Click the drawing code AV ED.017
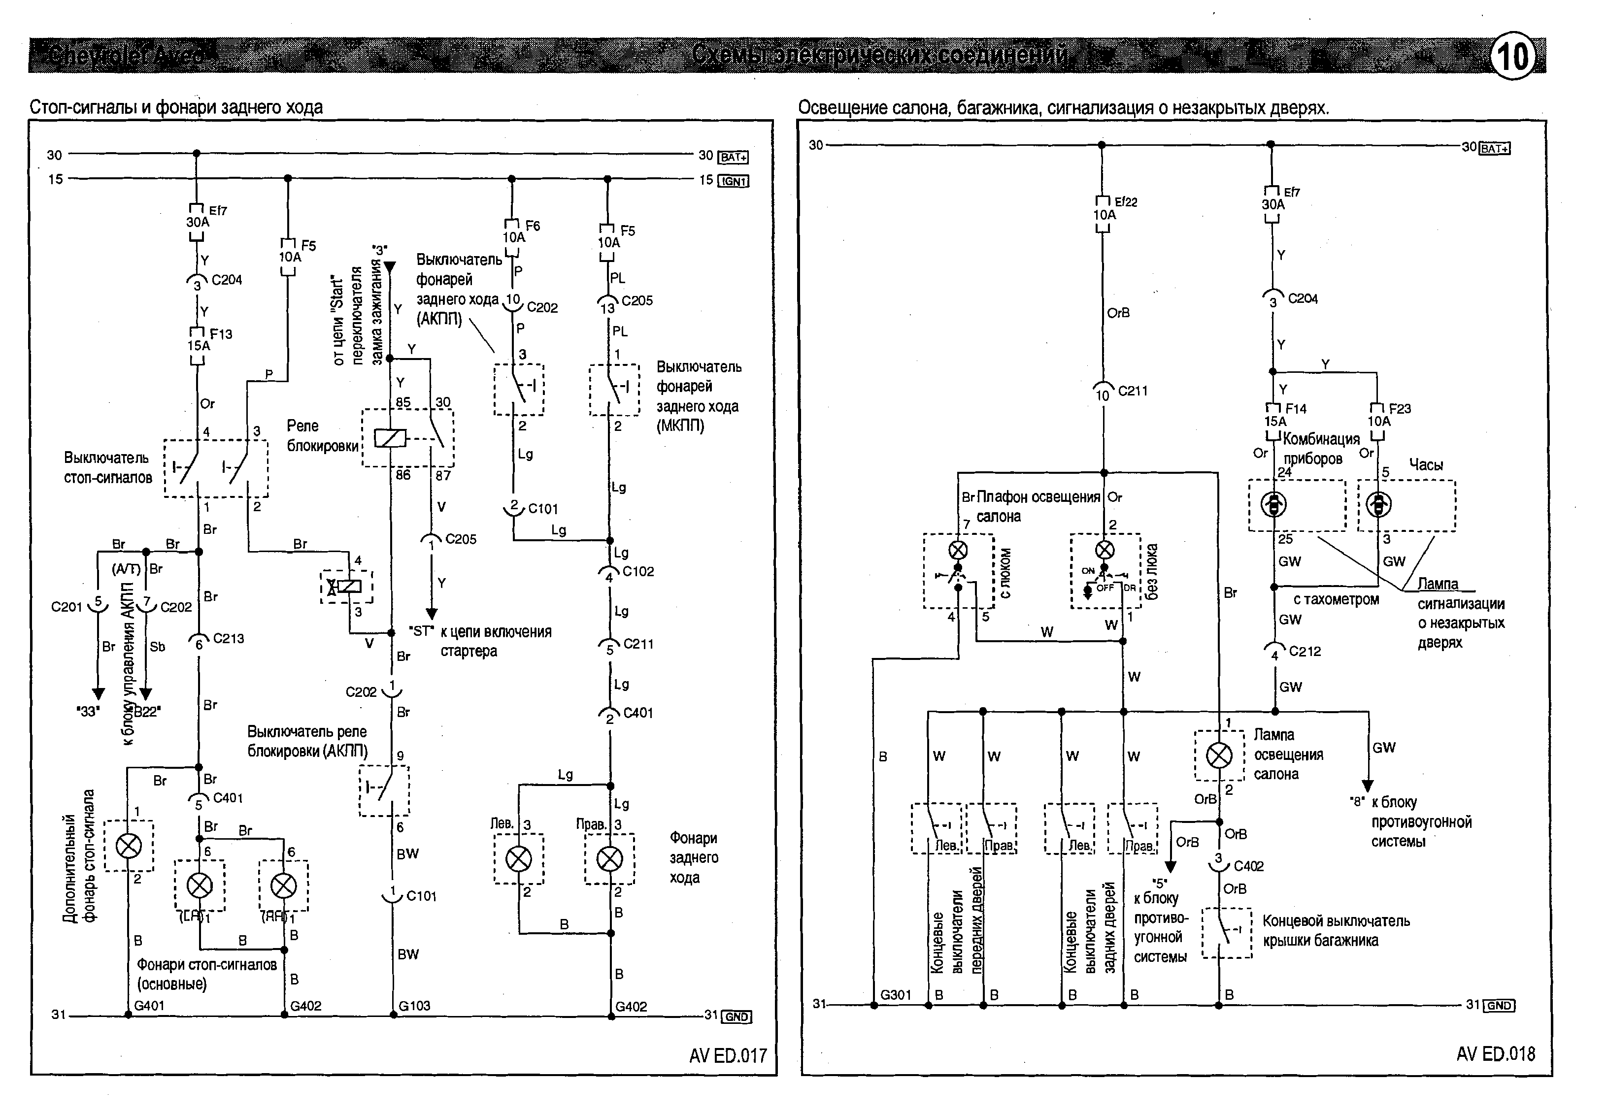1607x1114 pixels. pyautogui.click(x=728, y=1055)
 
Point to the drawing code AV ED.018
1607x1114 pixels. pyautogui.click(x=1495, y=1054)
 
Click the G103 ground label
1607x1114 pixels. pyautogui.click(x=414, y=1006)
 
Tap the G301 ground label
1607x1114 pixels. pyautogui.click(x=896, y=995)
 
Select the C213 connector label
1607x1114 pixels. pyautogui.click(x=228, y=638)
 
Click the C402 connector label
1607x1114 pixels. pyautogui.click(x=1248, y=866)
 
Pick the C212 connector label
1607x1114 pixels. pyautogui.click(x=1305, y=651)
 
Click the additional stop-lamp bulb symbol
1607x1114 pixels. pyautogui.click(x=129, y=846)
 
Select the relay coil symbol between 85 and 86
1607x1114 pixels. pyautogui.click(x=390, y=438)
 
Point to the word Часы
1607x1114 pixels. pyautogui.click(x=1426, y=465)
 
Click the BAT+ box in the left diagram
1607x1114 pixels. pyautogui.click(x=733, y=157)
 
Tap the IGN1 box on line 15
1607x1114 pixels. pyautogui.click(x=733, y=181)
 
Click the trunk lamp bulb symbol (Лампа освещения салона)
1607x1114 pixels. pyautogui.click(x=1219, y=755)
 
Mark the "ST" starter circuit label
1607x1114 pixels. pyautogui.click(x=421, y=631)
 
